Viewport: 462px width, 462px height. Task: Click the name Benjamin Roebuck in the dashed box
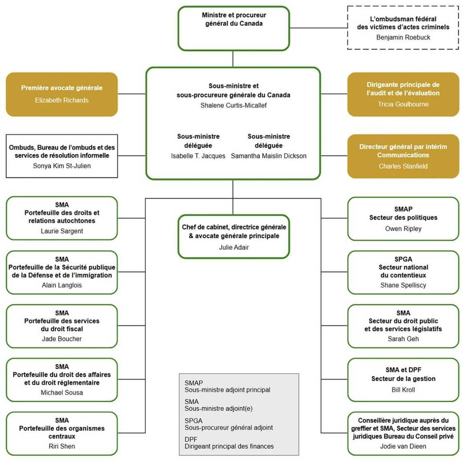pos(403,37)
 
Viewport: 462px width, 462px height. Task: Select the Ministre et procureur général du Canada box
pos(234,28)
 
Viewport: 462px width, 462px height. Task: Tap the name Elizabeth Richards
pos(62,100)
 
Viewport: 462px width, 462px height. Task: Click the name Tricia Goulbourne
pos(403,104)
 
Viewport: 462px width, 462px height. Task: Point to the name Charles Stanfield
pos(403,166)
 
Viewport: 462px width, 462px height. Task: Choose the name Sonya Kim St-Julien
pos(62,166)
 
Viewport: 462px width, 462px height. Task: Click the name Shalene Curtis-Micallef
pos(233,105)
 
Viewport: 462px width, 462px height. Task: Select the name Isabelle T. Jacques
pos(198,156)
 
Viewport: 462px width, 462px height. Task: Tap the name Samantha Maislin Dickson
pos(269,156)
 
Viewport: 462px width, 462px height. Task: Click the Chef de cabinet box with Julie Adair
pos(234,236)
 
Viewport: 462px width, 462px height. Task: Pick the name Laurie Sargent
pos(62,231)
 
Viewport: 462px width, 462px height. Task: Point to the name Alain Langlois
pos(62,285)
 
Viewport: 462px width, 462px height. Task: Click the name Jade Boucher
pos(62,339)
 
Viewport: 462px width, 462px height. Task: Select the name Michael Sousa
pos(62,393)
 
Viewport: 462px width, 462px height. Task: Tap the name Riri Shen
pos(62,446)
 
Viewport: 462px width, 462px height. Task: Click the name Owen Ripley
pos(403,229)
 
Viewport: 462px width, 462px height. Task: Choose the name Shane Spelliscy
pos(403,285)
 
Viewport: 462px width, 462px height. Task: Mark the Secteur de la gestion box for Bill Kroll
pos(403,379)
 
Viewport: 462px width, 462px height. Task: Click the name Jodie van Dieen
pos(403,446)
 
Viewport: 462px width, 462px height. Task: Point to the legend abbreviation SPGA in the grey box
pos(193,421)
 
